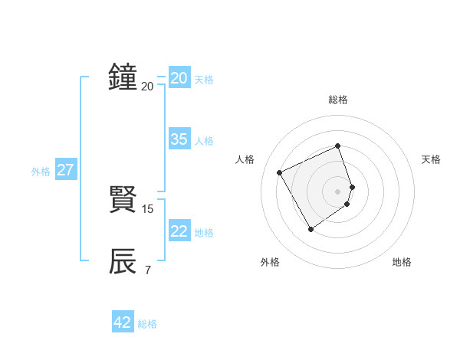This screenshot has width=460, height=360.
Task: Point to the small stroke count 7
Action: [x=147, y=269]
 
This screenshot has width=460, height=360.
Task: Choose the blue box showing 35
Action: [x=179, y=139]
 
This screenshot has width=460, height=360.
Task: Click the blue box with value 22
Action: [x=179, y=231]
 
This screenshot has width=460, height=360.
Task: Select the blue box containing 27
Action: [x=66, y=170]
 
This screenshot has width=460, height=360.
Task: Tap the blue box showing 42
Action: [x=123, y=322]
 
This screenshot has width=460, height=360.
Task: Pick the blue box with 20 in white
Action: [x=179, y=78]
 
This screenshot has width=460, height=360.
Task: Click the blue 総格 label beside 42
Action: [x=147, y=324]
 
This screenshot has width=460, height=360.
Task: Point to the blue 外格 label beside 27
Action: [x=41, y=172]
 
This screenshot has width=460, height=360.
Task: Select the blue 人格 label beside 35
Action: [x=204, y=141]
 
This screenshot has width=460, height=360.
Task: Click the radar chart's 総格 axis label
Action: [x=338, y=100]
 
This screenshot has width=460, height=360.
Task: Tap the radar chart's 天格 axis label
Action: [x=431, y=159]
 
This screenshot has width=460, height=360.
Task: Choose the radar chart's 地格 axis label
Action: [x=402, y=262]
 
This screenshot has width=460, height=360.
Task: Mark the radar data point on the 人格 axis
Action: [x=280, y=172]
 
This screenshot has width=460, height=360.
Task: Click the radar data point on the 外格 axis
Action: [x=310, y=229]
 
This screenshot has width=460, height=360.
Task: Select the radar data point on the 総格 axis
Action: [x=338, y=146]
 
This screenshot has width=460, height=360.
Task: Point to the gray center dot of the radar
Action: [x=338, y=191]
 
